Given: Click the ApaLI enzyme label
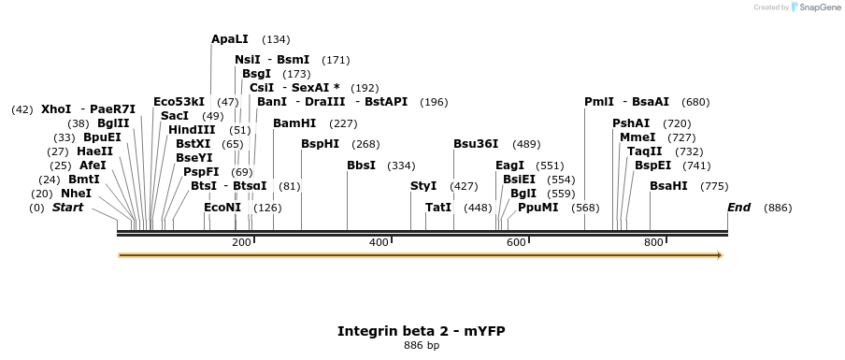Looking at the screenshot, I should pos(230,39).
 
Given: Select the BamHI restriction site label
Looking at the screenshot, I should pos(294,123).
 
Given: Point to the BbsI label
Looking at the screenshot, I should pos(361,166).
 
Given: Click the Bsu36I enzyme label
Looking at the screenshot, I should pos(476,144).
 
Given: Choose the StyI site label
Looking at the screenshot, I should pos(423,186).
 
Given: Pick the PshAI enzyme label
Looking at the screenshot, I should pos(631,123).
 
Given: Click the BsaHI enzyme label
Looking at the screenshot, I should pos(668,186).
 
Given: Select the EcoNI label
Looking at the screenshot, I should pos(222,208).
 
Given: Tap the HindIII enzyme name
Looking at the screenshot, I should pos(192,130).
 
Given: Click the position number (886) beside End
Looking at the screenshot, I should pos(778,208).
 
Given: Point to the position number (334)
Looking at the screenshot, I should pos(402,166).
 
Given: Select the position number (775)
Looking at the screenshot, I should pos(714,186).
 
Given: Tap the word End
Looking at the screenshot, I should pos(739,208).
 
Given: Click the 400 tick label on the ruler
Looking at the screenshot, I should pos(379,243).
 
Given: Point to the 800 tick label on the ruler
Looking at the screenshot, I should pos(653,243).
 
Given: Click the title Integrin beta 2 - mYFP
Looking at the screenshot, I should pos(422,331).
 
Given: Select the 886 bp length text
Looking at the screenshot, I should pos(422,346).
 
